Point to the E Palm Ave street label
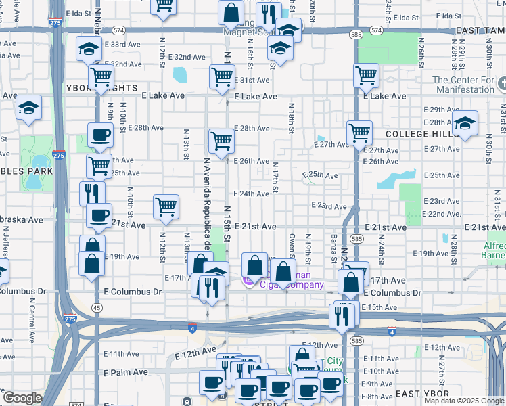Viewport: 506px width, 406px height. coord(126,372)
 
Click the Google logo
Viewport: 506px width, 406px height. coord(22,398)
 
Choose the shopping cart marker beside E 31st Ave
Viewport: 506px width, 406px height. coord(222,76)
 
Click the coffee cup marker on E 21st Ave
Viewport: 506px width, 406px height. coord(99,216)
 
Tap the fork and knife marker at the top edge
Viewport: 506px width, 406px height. coord(269,14)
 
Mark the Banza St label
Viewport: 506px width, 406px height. coord(334,247)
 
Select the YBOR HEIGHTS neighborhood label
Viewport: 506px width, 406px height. coord(101,89)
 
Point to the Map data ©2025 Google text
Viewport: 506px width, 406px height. coord(463,401)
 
